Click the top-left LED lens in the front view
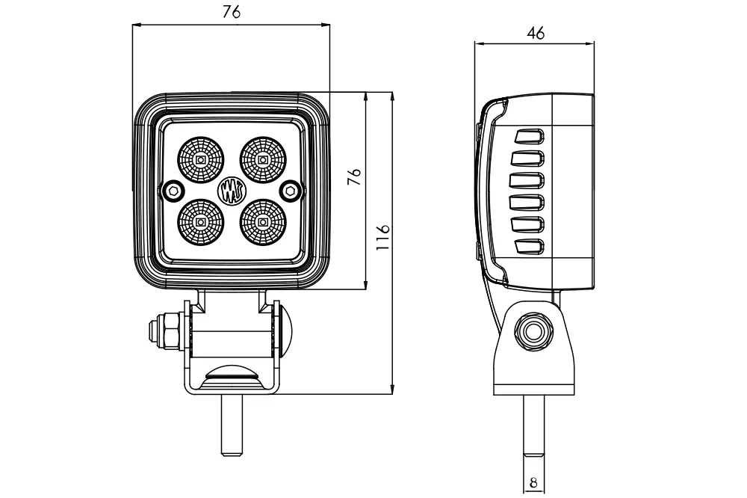(x=200, y=159)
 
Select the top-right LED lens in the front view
(x=262, y=159)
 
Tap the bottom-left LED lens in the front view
(x=200, y=222)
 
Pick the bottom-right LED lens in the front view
(x=262, y=222)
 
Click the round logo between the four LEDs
(x=232, y=191)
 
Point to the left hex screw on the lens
(x=173, y=191)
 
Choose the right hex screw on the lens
(x=290, y=191)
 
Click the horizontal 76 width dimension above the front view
(x=232, y=13)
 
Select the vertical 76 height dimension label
(x=354, y=176)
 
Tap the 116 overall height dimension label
(x=382, y=237)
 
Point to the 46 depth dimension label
(x=536, y=34)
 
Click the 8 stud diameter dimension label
(x=533, y=483)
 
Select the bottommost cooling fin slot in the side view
(x=528, y=246)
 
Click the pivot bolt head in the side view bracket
(x=533, y=331)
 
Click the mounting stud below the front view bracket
(x=232, y=425)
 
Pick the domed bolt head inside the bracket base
(x=232, y=374)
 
